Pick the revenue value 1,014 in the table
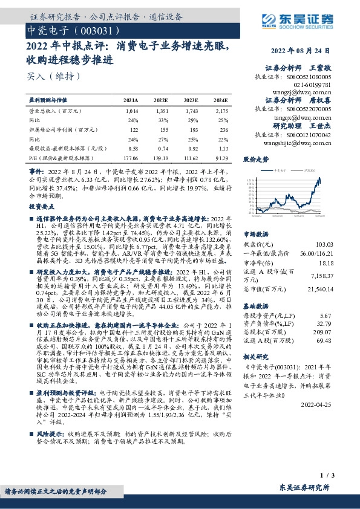pyautogui.click(x=133, y=111)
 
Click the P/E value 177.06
pyautogui.click(x=130, y=157)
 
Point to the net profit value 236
pyautogui.click(x=223, y=129)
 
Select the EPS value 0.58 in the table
pyautogui.click(x=134, y=148)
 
